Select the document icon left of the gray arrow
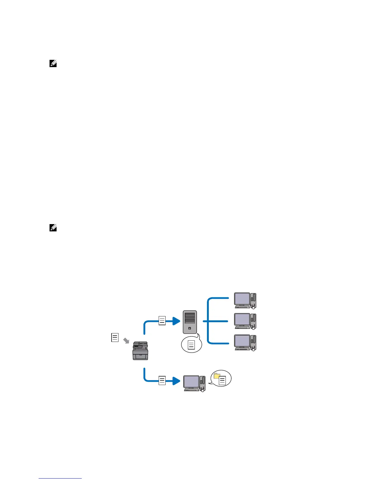pyautogui.click(x=115, y=337)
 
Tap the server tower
pyautogui.click(x=190, y=322)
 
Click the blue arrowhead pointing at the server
pyautogui.click(x=176, y=321)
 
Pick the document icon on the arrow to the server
pyautogui.click(x=162, y=321)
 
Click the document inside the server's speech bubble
pyautogui.click(x=191, y=345)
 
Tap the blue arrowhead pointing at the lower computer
pyautogui.click(x=176, y=381)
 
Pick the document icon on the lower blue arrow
pyautogui.click(x=162, y=380)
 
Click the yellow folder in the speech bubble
pyautogui.click(x=217, y=376)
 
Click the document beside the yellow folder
pyautogui.click(x=223, y=381)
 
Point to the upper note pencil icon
pyautogui.click(x=53, y=63)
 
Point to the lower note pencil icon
pyautogui.click(x=53, y=227)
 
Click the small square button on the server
pyautogui.click(x=190, y=328)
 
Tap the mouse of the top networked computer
pyautogui.click(x=253, y=307)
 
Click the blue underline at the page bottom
pyautogui.click(x=60, y=478)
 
